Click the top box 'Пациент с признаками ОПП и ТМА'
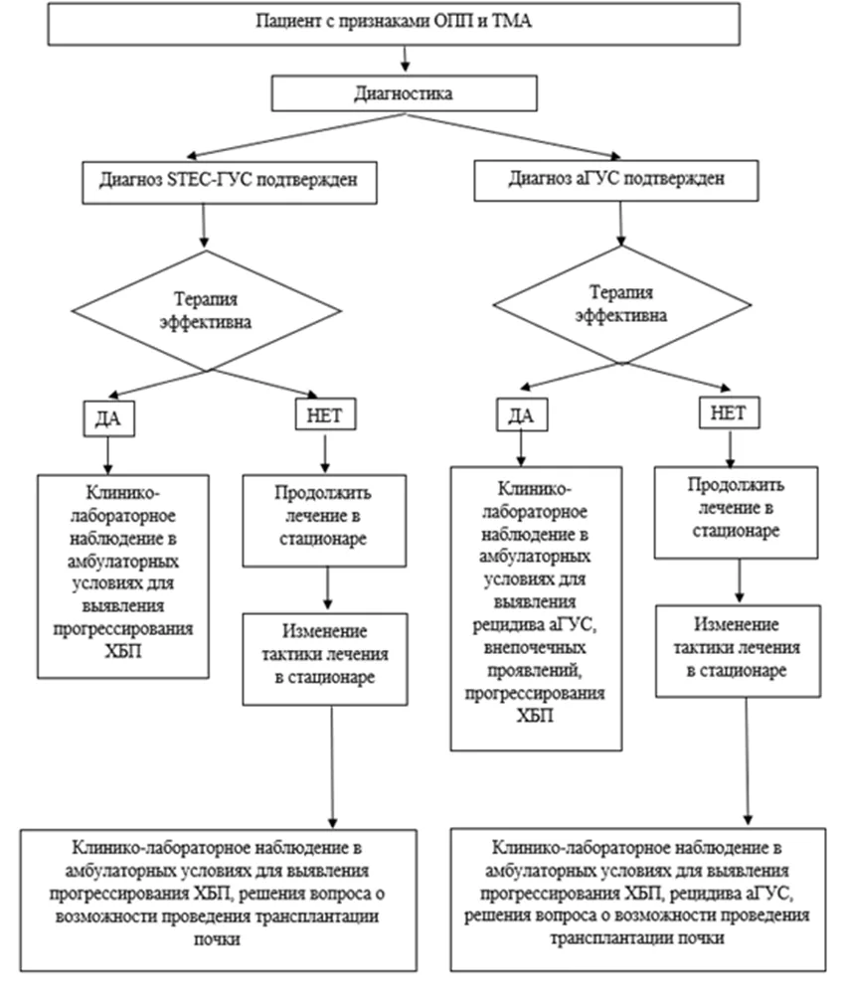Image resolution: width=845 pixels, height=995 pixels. pos(394,24)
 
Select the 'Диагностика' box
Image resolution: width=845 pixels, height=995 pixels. pos(405,93)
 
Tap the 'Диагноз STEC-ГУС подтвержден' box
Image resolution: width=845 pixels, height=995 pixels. pos(230,182)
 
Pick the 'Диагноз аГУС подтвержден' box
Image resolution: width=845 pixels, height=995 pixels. pos(616,180)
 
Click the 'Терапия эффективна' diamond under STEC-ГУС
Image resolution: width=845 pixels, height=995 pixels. pos(207,311)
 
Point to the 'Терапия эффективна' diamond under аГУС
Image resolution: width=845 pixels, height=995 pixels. pos(622,304)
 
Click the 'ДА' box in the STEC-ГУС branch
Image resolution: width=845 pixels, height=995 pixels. pos(108,418)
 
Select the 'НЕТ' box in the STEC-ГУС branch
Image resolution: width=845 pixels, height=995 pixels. pos(326,415)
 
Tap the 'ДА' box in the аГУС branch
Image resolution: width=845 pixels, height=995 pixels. pos(522,415)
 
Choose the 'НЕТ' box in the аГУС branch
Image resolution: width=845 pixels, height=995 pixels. pos(730,413)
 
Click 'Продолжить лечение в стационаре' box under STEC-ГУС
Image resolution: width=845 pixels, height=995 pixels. pos(324,520)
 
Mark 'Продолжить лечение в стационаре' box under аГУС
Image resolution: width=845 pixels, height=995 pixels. pos(736,513)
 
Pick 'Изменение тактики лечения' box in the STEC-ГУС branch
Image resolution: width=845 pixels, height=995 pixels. pos(325,659)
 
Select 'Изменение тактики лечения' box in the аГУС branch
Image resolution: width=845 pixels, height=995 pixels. pos(738,651)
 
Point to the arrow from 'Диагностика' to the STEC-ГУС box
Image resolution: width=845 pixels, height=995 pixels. pos(296,135)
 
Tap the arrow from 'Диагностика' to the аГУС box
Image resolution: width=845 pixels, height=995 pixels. pos(513,136)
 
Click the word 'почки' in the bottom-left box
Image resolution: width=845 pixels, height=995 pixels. pos(217,939)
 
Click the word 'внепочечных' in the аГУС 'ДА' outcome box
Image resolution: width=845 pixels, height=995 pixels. pos(535,648)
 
